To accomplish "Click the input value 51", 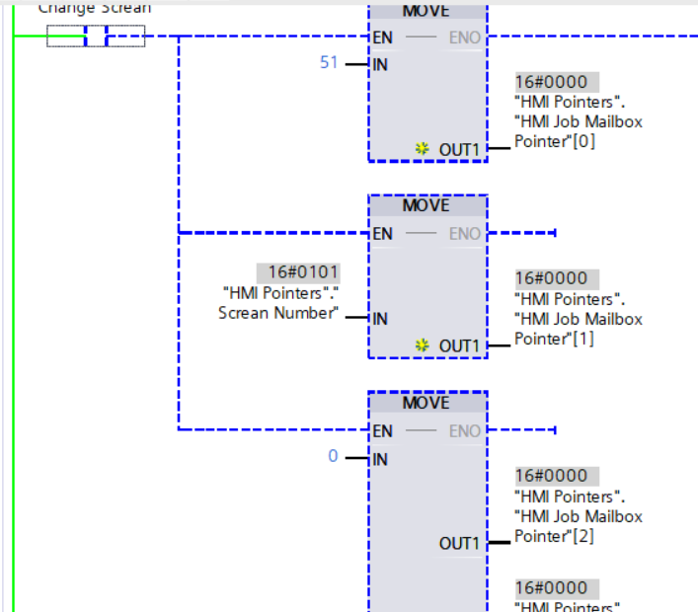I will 329,62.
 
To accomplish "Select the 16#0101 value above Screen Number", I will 298,272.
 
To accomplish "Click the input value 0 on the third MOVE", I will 333,456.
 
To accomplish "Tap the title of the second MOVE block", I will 427,205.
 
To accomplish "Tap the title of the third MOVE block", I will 427,403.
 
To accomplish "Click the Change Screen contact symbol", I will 96,38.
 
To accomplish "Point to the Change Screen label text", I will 95,8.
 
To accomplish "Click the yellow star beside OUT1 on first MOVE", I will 423,149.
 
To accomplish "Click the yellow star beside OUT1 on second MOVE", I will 423,345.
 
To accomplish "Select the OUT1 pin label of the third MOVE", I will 459,543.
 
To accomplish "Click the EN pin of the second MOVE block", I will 383,234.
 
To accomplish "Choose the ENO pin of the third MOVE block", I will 465,431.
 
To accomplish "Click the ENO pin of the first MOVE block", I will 465,38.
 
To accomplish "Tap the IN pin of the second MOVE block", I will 380,319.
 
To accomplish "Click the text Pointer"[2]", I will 555,536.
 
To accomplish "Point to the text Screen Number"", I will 278,313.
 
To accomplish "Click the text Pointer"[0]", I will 555,141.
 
